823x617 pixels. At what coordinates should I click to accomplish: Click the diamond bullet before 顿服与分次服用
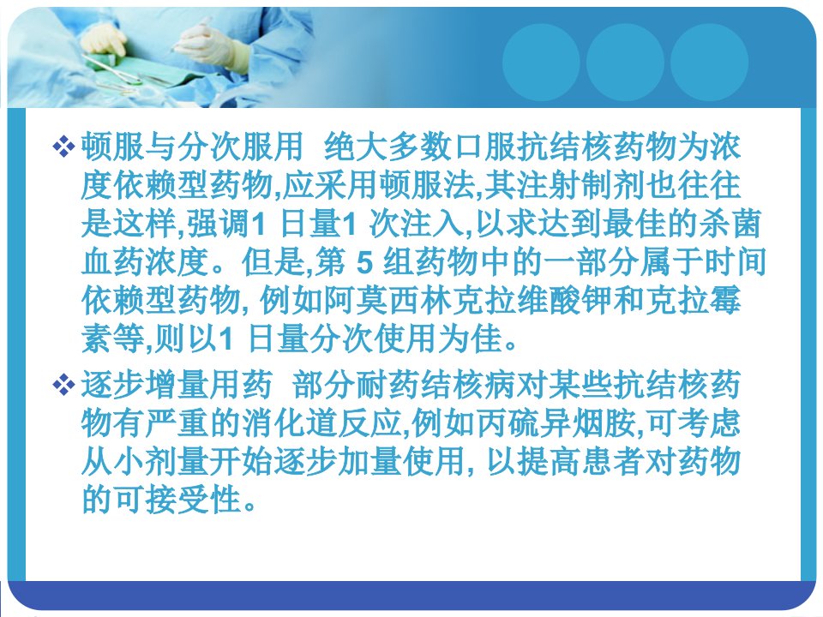click(63, 147)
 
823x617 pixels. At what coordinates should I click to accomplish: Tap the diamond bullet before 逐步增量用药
click(63, 386)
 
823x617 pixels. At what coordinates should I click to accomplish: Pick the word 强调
click(219, 224)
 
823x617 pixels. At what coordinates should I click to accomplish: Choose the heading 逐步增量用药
click(177, 385)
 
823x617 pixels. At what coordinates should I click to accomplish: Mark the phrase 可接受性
click(178, 500)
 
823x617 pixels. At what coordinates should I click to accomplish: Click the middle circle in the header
click(625, 63)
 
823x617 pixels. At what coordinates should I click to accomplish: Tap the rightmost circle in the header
click(709, 63)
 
